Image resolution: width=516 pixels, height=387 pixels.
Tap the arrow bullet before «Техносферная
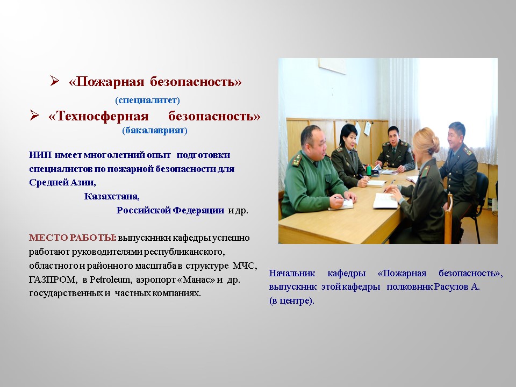34,115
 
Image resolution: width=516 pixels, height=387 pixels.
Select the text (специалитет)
147,99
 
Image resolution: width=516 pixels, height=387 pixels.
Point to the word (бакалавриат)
155,130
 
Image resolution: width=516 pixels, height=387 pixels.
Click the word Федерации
198,210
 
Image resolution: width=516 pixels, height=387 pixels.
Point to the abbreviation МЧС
245,266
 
